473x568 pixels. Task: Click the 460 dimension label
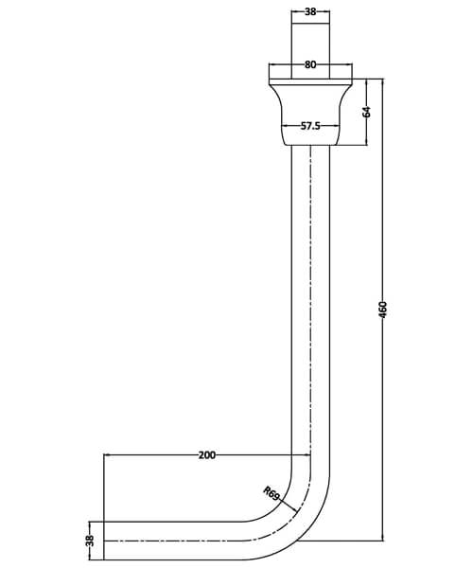click(x=383, y=310)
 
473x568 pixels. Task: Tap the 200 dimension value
click(x=207, y=455)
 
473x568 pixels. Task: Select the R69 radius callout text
click(x=272, y=493)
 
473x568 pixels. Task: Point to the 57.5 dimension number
click(x=313, y=125)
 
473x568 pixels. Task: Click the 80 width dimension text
click(x=310, y=65)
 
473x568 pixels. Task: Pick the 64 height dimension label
click(x=367, y=112)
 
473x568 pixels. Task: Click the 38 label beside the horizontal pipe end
click(x=91, y=540)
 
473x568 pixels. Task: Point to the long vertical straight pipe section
click(x=311, y=303)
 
